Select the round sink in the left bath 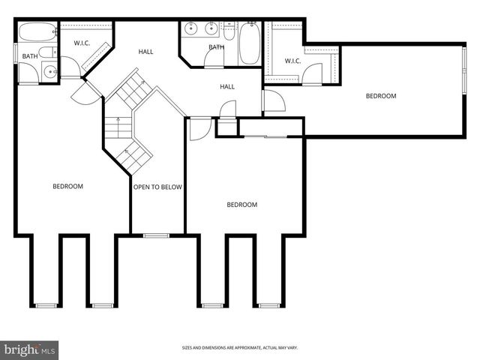pos(49,73)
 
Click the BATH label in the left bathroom pos(29,56)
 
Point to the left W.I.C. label pos(82,43)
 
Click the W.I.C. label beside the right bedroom pos(292,61)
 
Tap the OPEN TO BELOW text pos(157,187)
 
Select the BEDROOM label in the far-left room pos(67,186)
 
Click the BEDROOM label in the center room pos(241,205)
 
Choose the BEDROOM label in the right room pos(381,96)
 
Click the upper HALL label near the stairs pos(145,52)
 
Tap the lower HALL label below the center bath pos(227,87)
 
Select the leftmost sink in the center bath pos(190,30)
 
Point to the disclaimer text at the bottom pos(239,347)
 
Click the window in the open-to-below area pos(156,235)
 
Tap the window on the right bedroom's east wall pos(463,90)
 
